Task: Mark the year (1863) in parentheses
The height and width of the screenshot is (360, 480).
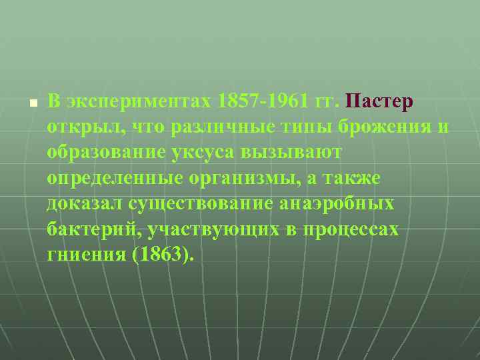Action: coord(163,254)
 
